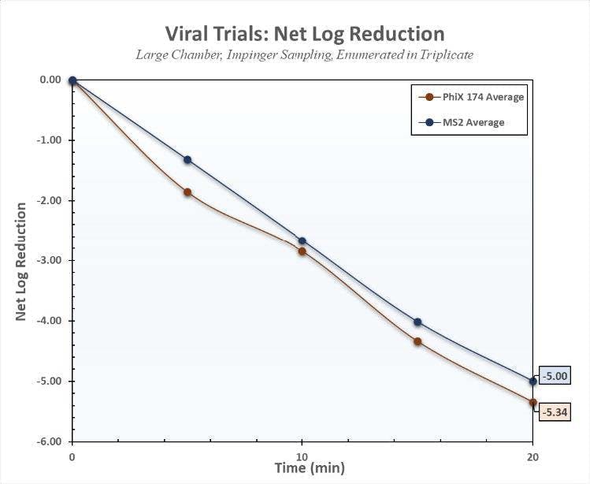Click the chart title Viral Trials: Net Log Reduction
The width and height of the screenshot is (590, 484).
click(304, 34)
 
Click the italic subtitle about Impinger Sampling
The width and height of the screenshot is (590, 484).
click(304, 55)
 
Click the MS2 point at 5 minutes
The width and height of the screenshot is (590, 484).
click(187, 159)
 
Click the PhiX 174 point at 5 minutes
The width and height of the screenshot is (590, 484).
click(187, 192)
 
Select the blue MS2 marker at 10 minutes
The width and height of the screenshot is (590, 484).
click(302, 241)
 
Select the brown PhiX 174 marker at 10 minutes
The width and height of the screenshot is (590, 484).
click(302, 251)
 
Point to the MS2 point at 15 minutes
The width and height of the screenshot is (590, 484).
click(417, 322)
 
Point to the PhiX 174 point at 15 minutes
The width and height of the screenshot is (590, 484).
click(417, 341)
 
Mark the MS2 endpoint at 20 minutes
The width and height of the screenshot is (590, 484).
click(533, 381)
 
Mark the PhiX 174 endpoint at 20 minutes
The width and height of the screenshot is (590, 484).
click(533, 402)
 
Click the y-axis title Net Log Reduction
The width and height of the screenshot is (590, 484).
click(21, 261)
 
